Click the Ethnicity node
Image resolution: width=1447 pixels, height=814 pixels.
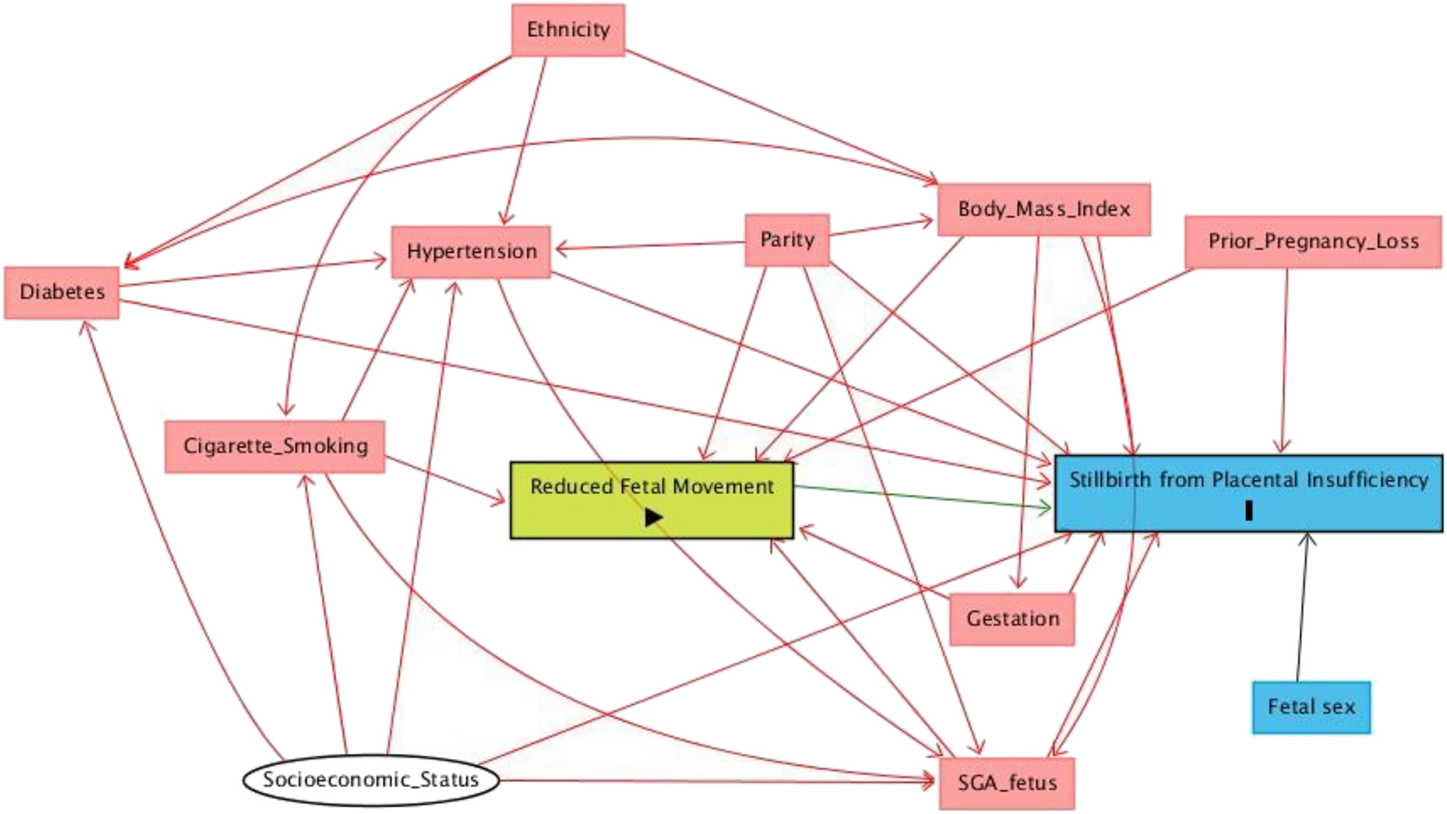[567, 30]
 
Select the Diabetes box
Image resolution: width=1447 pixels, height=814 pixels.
[62, 292]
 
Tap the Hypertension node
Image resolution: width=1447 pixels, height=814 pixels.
[471, 251]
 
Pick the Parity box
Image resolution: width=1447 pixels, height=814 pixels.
[786, 240]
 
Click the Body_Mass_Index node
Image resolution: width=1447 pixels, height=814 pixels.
[1043, 209]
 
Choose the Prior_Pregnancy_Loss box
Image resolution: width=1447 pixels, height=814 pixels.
[1312, 241]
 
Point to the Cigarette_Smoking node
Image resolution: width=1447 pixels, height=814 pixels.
[275, 446]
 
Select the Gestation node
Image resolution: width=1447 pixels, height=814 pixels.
[1012, 618]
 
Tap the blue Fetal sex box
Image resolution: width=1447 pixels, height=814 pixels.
[1311, 707]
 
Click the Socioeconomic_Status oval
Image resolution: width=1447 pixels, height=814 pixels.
[371, 780]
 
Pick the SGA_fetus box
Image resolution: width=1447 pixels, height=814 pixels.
[1006, 783]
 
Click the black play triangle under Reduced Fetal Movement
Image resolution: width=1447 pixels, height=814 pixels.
[653, 517]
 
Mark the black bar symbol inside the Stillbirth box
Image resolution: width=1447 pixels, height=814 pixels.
[1249, 510]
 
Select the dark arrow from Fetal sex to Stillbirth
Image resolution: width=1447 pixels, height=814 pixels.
[1302, 609]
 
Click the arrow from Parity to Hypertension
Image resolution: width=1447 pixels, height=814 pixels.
[649, 246]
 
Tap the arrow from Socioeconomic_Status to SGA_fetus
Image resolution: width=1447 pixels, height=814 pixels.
[716, 781]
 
